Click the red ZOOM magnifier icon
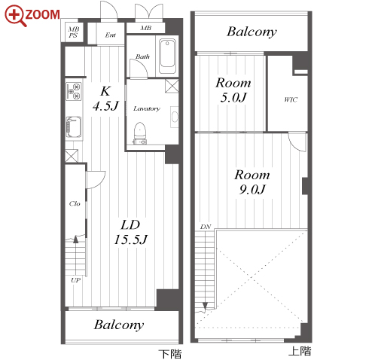[x=16, y=16]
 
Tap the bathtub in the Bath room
[x=167, y=56]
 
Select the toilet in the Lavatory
[x=139, y=133]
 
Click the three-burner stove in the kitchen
[x=74, y=91]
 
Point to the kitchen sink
[x=74, y=127]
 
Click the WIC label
[x=291, y=99]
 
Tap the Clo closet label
[x=75, y=203]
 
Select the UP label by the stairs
[x=75, y=280]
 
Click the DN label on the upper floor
[x=206, y=227]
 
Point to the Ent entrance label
[x=111, y=35]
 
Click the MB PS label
[x=74, y=32]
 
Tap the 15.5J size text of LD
[x=130, y=239]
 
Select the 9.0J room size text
[x=252, y=189]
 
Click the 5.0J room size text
[x=233, y=97]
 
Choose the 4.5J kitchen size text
[x=105, y=106]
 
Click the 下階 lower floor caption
[x=170, y=354]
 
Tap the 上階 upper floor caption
[x=300, y=351]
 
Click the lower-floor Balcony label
[x=119, y=325]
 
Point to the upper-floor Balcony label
[x=252, y=32]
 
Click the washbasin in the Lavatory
[x=175, y=117]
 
